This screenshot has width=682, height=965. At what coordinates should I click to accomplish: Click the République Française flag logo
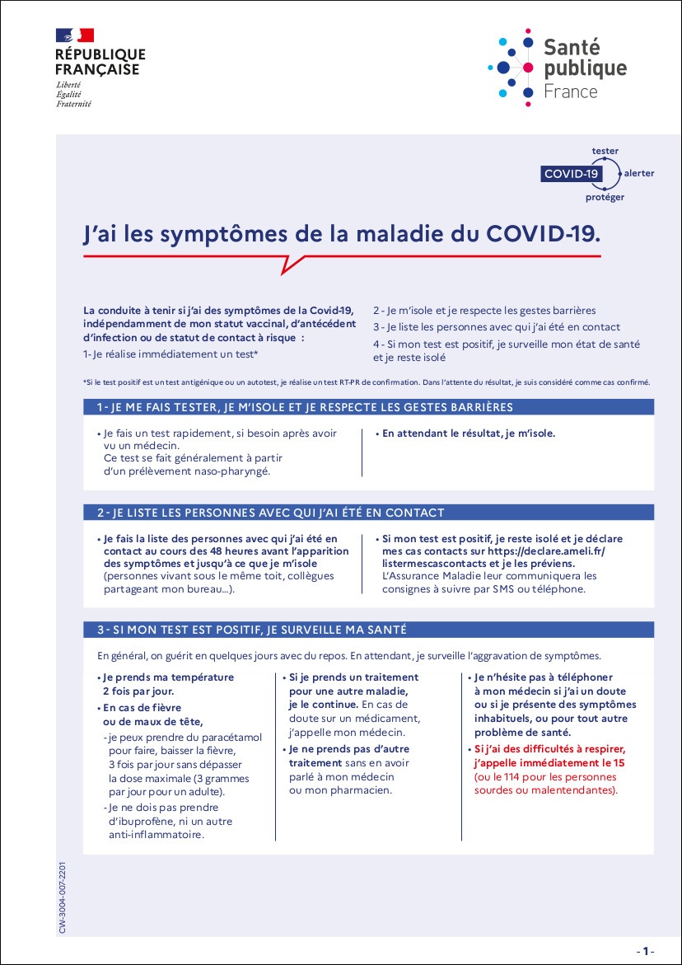(74, 35)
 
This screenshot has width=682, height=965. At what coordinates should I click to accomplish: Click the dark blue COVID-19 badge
(571, 174)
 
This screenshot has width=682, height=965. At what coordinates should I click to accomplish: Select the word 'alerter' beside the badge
(639, 174)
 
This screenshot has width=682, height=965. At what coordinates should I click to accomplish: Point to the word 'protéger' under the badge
(605, 198)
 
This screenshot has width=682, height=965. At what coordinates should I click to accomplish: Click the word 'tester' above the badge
(605, 151)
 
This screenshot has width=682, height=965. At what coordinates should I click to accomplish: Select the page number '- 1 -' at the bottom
(645, 950)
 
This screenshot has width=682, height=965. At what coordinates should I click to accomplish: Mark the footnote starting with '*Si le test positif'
(367, 382)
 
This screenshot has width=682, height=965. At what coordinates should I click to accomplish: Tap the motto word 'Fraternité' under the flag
(73, 105)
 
